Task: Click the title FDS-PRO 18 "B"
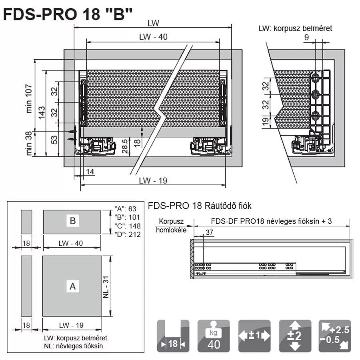tap(68, 14)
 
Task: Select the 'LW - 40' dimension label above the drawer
tap(153, 37)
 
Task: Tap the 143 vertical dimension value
tap(42, 113)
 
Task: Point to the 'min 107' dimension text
tap(28, 98)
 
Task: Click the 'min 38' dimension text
tap(28, 144)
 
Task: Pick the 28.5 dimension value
tap(125, 146)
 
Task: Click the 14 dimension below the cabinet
tap(90, 172)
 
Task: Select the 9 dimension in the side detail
tap(306, 37)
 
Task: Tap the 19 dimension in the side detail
tap(266, 122)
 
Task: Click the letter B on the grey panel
tap(73, 221)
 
